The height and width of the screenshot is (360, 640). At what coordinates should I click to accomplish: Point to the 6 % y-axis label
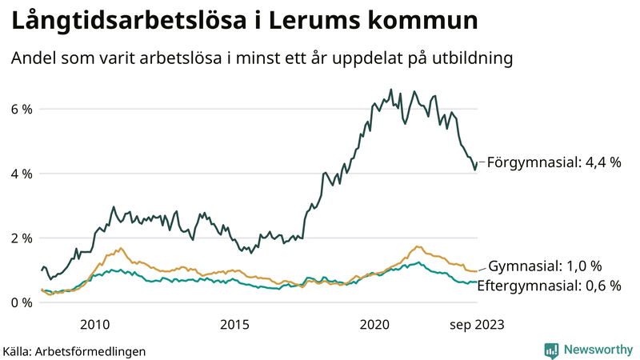point(21,109)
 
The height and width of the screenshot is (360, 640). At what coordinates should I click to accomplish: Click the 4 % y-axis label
point(21,174)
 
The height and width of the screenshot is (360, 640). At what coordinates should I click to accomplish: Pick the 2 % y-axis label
point(21,238)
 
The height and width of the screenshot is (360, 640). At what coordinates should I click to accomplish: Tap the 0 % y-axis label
point(21,302)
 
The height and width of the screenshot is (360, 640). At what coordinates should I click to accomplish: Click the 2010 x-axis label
point(94,324)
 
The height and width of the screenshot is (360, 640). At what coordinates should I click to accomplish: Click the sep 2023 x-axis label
point(476,324)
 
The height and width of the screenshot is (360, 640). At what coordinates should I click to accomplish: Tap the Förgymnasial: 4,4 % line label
point(554,162)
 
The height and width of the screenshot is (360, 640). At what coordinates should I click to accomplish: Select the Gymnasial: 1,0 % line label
point(545,266)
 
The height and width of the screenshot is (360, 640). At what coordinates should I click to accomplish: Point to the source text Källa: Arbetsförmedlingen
point(74,350)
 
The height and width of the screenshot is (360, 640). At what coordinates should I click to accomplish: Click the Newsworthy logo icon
point(551,350)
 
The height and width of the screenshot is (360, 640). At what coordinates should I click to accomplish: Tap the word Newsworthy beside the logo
point(597,350)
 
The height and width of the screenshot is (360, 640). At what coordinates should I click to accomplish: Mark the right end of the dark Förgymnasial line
point(478,163)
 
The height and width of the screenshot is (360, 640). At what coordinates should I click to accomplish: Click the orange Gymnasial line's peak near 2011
point(121,248)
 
